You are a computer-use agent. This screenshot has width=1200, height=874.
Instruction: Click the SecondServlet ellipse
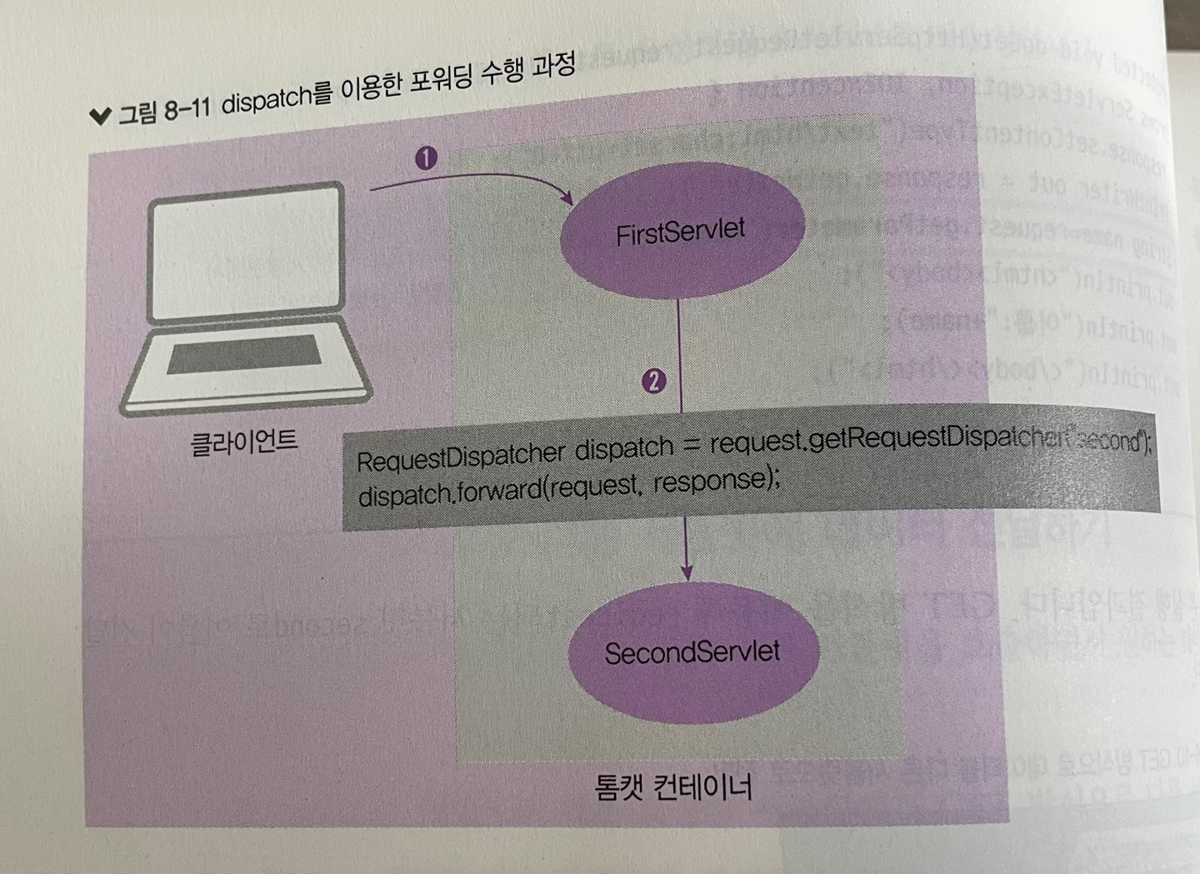point(692,652)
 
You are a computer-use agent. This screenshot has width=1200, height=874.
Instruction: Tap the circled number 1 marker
point(426,157)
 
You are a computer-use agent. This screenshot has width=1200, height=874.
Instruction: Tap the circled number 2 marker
point(653,381)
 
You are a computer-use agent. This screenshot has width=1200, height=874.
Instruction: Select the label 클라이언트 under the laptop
point(243,442)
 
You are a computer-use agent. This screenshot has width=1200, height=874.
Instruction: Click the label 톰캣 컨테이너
point(673,785)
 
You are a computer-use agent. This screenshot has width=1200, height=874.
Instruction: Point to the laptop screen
point(246,253)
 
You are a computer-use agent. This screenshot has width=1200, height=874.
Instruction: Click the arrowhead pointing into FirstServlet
point(567,199)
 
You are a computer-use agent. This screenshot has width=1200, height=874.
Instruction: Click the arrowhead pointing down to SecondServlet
point(686,572)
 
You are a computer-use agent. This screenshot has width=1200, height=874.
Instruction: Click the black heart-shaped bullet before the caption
point(100,117)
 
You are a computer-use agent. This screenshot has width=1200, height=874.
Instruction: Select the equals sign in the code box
point(691,447)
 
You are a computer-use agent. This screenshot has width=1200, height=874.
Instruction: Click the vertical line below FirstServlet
point(680,350)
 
